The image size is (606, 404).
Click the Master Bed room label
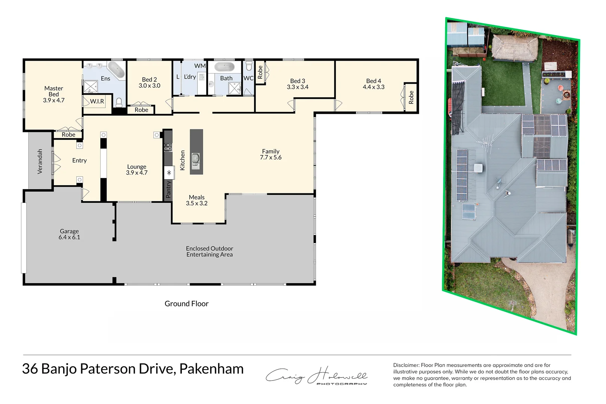53,91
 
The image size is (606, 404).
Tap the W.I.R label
97,101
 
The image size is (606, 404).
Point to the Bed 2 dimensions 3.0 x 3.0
149,86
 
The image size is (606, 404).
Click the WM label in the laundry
200,66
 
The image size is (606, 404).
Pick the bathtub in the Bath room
224,67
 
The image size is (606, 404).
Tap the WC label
248,78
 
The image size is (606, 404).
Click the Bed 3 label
297,81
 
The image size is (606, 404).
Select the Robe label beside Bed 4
411,97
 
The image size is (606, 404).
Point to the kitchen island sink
196,159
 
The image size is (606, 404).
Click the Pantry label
168,189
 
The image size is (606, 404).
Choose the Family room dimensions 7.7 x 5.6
270,157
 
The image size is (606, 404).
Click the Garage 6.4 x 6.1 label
69,234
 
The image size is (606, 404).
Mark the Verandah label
40,162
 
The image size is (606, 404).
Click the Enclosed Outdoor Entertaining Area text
209,251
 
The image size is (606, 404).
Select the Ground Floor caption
186,304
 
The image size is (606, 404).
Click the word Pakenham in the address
211,369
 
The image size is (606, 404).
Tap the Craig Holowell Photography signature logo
316,375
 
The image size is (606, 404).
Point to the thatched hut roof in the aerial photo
515,48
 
